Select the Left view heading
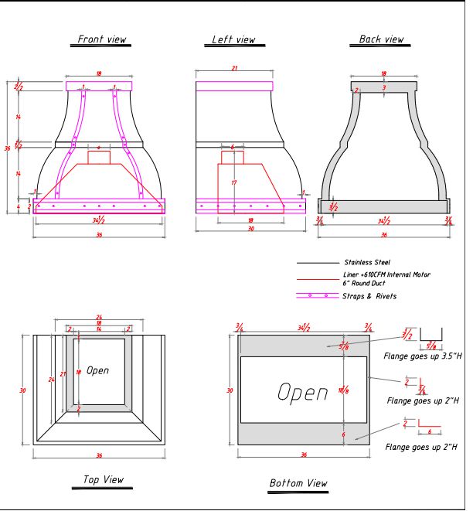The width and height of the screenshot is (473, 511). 233,39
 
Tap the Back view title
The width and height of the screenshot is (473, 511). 381,39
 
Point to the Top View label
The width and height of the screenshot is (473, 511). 103,480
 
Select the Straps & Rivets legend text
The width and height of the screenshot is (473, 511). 369,296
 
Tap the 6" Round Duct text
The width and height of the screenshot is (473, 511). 366,282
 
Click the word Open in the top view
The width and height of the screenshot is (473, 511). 97,370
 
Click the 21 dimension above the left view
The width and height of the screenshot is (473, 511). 234,69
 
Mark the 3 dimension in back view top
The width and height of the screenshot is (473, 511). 384,88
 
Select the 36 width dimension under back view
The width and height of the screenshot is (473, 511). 383,235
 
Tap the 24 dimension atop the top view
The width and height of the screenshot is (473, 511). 98,317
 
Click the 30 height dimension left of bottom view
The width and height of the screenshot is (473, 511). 229,390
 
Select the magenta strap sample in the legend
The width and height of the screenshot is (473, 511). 317,296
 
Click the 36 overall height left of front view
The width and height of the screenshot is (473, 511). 8,148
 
